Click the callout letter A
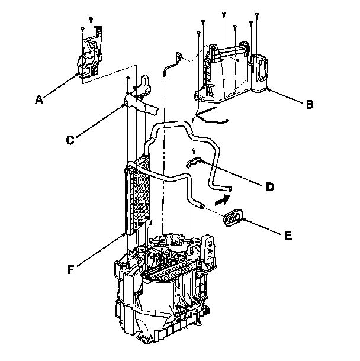pyautogui.click(x=39, y=101)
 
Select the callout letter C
pyautogui.click(x=70, y=140)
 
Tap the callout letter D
pyautogui.click(x=269, y=187)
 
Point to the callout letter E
pyautogui.click(x=288, y=236)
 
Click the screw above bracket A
pyautogui.click(x=90, y=20)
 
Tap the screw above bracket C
pyautogui.click(x=128, y=78)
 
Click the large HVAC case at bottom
pyautogui.click(x=166, y=296)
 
